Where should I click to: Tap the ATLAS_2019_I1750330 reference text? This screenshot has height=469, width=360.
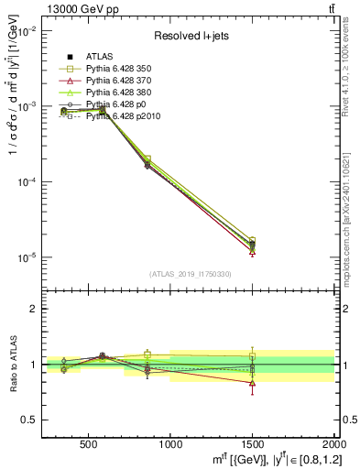click(x=190, y=274)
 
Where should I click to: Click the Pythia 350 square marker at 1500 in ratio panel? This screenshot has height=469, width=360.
click(x=252, y=356)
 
